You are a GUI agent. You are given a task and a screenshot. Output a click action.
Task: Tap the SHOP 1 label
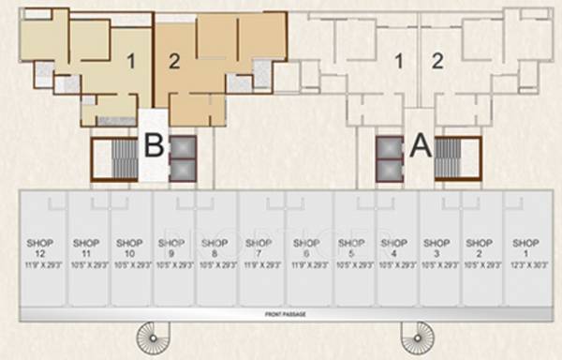pyautogui.click(x=525, y=247)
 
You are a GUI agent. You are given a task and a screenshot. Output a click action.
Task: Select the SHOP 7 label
pyautogui.click(x=259, y=247)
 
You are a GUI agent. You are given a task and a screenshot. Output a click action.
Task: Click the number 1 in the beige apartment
pyautogui.click(x=132, y=61)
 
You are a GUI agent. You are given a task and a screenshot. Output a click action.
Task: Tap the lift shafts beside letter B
pyautogui.click(x=184, y=158)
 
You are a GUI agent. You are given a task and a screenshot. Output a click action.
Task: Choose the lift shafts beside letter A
pyautogui.click(x=389, y=158)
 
